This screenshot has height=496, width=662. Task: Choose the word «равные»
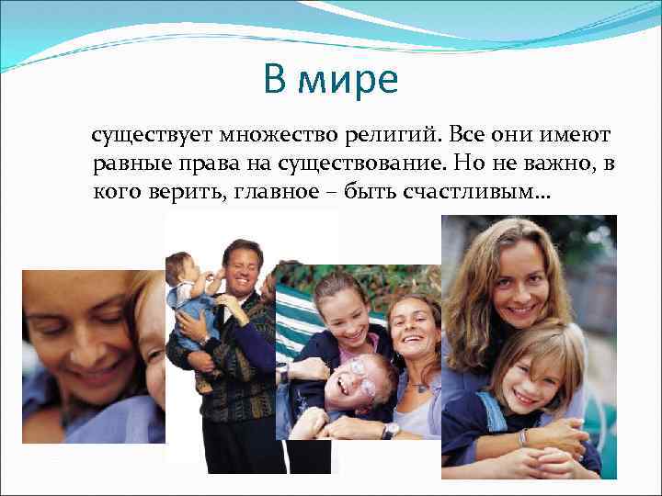coord(133,165)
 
